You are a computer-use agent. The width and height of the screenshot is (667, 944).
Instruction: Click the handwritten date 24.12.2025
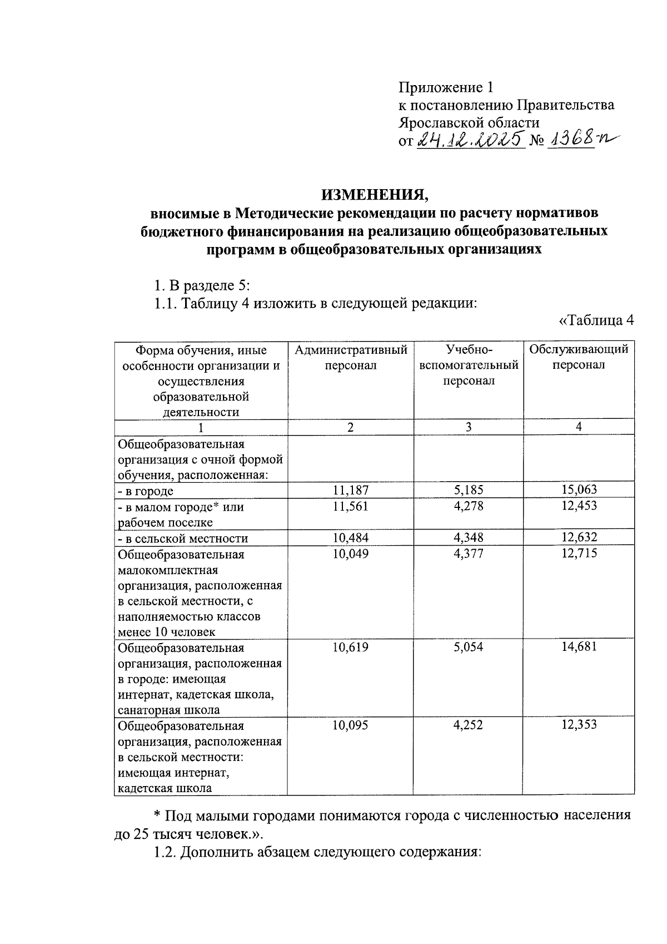470,139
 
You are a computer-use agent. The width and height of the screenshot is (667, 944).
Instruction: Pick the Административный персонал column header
350,358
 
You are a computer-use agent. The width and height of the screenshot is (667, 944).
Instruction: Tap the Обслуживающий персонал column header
579,357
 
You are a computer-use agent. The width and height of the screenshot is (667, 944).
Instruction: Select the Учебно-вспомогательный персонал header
469,365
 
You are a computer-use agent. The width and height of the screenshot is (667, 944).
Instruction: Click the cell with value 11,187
350,490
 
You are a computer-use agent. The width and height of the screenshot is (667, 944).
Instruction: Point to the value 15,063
579,490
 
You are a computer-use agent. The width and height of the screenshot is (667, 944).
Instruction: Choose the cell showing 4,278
469,506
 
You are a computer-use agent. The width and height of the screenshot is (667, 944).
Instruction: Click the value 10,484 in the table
350,538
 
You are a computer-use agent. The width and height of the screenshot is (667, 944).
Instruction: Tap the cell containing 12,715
579,553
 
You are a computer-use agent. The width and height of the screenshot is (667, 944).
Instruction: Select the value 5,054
469,647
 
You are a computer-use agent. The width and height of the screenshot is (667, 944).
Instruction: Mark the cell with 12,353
579,725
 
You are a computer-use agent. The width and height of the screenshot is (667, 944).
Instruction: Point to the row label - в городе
145,491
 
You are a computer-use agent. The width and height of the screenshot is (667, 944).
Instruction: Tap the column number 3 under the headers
469,427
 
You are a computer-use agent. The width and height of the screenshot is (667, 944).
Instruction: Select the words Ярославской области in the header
469,122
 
